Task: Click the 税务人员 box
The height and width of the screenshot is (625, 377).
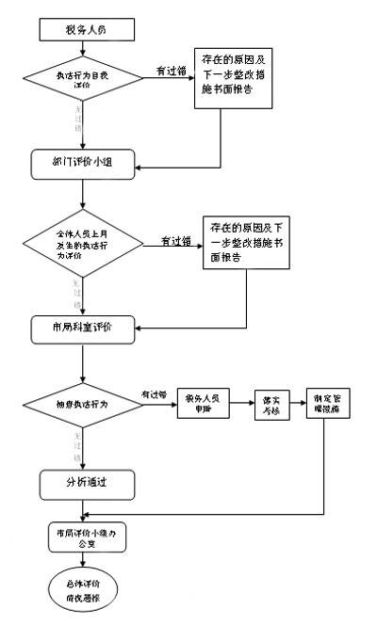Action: pos(86,31)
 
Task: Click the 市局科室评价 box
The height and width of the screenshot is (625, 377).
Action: pos(84,327)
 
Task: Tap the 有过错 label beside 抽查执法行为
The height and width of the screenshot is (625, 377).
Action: pos(154,393)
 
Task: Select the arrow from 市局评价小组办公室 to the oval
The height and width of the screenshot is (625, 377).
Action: pos(85,558)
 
